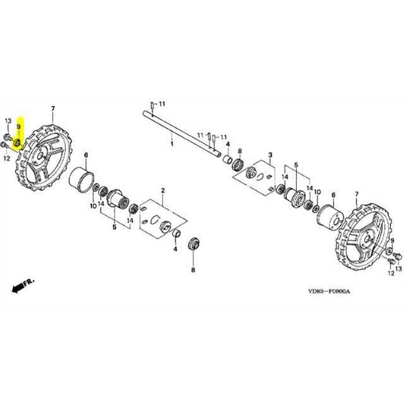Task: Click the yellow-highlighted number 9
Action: (18, 126)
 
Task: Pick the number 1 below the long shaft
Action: (171, 141)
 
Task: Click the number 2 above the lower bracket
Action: (163, 190)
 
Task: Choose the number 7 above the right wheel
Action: (356, 193)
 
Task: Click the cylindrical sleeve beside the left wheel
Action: (81, 179)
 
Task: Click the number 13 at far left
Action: (8, 120)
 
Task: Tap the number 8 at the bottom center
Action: (193, 270)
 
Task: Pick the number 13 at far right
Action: (398, 270)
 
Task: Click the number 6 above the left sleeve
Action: (86, 155)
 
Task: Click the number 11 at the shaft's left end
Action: (162, 103)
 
